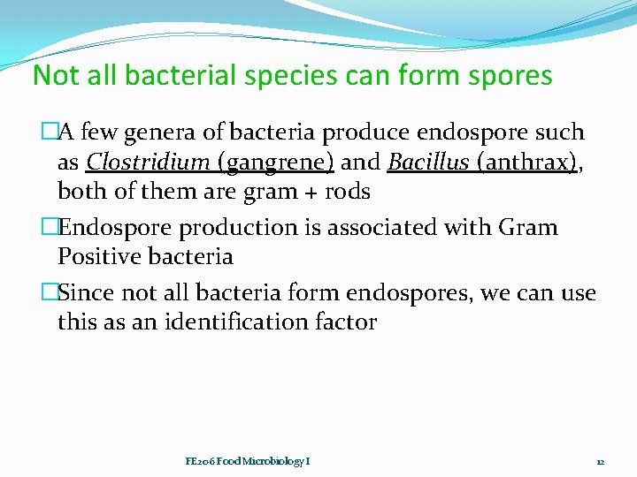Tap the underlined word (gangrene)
pyautogui.click(x=275, y=163)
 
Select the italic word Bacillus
pyautogui.click(x=427, y=162)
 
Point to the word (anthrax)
pyautogui.click(x=525, y=163)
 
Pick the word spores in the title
pyautogui.click(x=508, y=76)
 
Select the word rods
pyautogui.click(x=349, y=191)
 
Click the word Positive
pyautogui.click(x=100, y=257)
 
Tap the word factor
pyautogui.click(x=347, y=322)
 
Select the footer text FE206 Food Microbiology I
pyautogui.click(x=247, y=461)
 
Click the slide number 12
pyautogui.click(x=599, y=461)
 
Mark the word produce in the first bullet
pyautogui.click(x=365, y=133)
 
